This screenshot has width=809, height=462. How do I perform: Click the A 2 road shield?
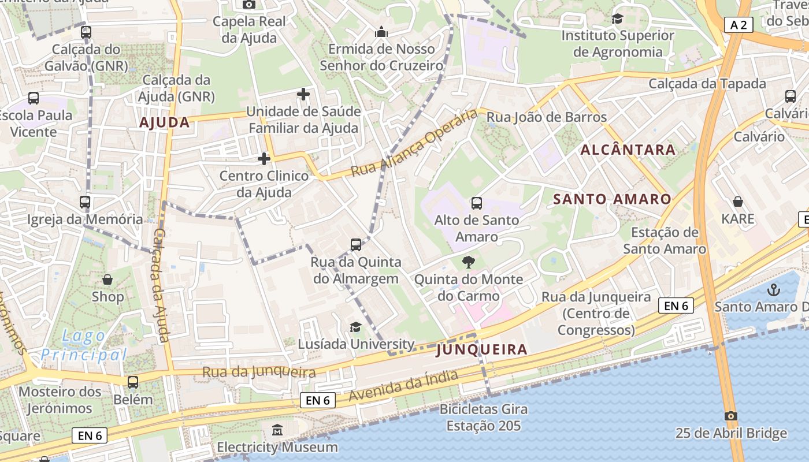[738, 24]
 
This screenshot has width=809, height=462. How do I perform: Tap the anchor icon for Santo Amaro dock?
[773, 290]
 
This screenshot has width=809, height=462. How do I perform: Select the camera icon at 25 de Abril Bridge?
[731, 416]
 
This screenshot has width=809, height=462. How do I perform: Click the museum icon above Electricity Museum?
[277, 430]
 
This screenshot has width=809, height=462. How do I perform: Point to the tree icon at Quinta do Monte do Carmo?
[468, 263]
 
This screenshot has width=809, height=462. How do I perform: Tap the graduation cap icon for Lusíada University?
[355, 327]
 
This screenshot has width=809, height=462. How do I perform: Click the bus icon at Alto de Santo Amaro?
[477, 203]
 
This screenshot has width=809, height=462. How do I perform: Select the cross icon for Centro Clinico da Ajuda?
[264, 158]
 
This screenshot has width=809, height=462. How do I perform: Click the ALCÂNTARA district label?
[628, 150]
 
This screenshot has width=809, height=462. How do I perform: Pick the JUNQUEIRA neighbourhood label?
[481, 349]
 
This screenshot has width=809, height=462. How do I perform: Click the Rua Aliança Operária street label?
[414, 143]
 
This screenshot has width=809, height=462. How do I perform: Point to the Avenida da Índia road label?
[404, 386]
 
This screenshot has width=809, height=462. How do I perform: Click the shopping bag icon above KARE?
[738, 202]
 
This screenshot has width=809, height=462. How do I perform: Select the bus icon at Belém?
[133, 382]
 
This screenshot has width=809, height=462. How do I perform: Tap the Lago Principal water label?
[84, 345]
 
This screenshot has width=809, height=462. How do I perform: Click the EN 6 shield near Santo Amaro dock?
[676, 305]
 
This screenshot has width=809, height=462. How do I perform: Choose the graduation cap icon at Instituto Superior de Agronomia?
[618, 18]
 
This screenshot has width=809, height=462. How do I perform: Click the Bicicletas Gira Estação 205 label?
[484, 418]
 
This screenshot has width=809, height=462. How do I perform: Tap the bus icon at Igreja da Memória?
[85, 203]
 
